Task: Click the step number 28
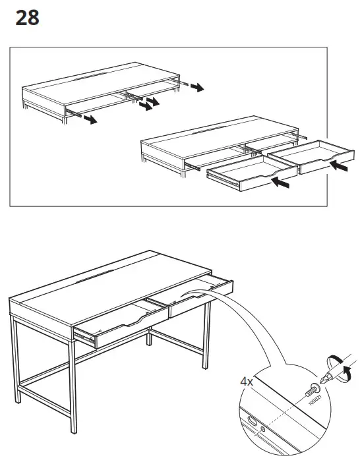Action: click(27, 18)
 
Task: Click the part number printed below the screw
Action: click(318, 399)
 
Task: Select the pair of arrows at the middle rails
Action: click(152, 103)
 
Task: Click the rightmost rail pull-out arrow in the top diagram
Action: click(196, 88)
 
